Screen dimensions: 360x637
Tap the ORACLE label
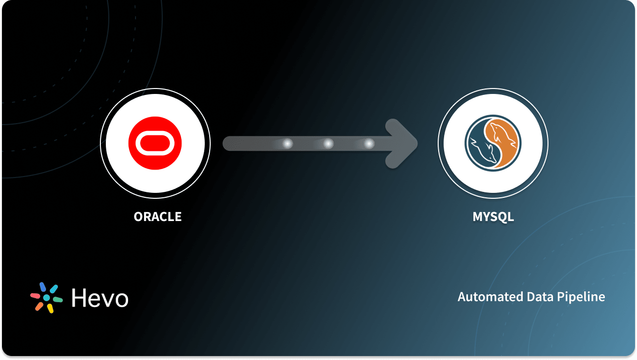(157, 217)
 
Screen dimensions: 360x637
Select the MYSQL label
(493, 217)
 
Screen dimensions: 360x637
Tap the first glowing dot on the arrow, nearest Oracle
(287, 144)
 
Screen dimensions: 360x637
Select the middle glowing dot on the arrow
(328, 144)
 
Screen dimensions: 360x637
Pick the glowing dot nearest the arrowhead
(368, 144)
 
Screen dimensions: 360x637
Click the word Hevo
(99, 298)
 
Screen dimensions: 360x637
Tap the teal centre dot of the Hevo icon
(46, 298)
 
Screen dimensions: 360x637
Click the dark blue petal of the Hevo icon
(43, 286)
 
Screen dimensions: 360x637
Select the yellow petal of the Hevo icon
(50, 309)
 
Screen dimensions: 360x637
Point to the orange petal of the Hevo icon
(39, 306)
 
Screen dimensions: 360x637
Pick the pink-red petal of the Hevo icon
(35, 295)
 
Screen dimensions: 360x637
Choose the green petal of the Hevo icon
(57, 300)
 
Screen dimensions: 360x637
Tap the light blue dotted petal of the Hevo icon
(53, 288)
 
